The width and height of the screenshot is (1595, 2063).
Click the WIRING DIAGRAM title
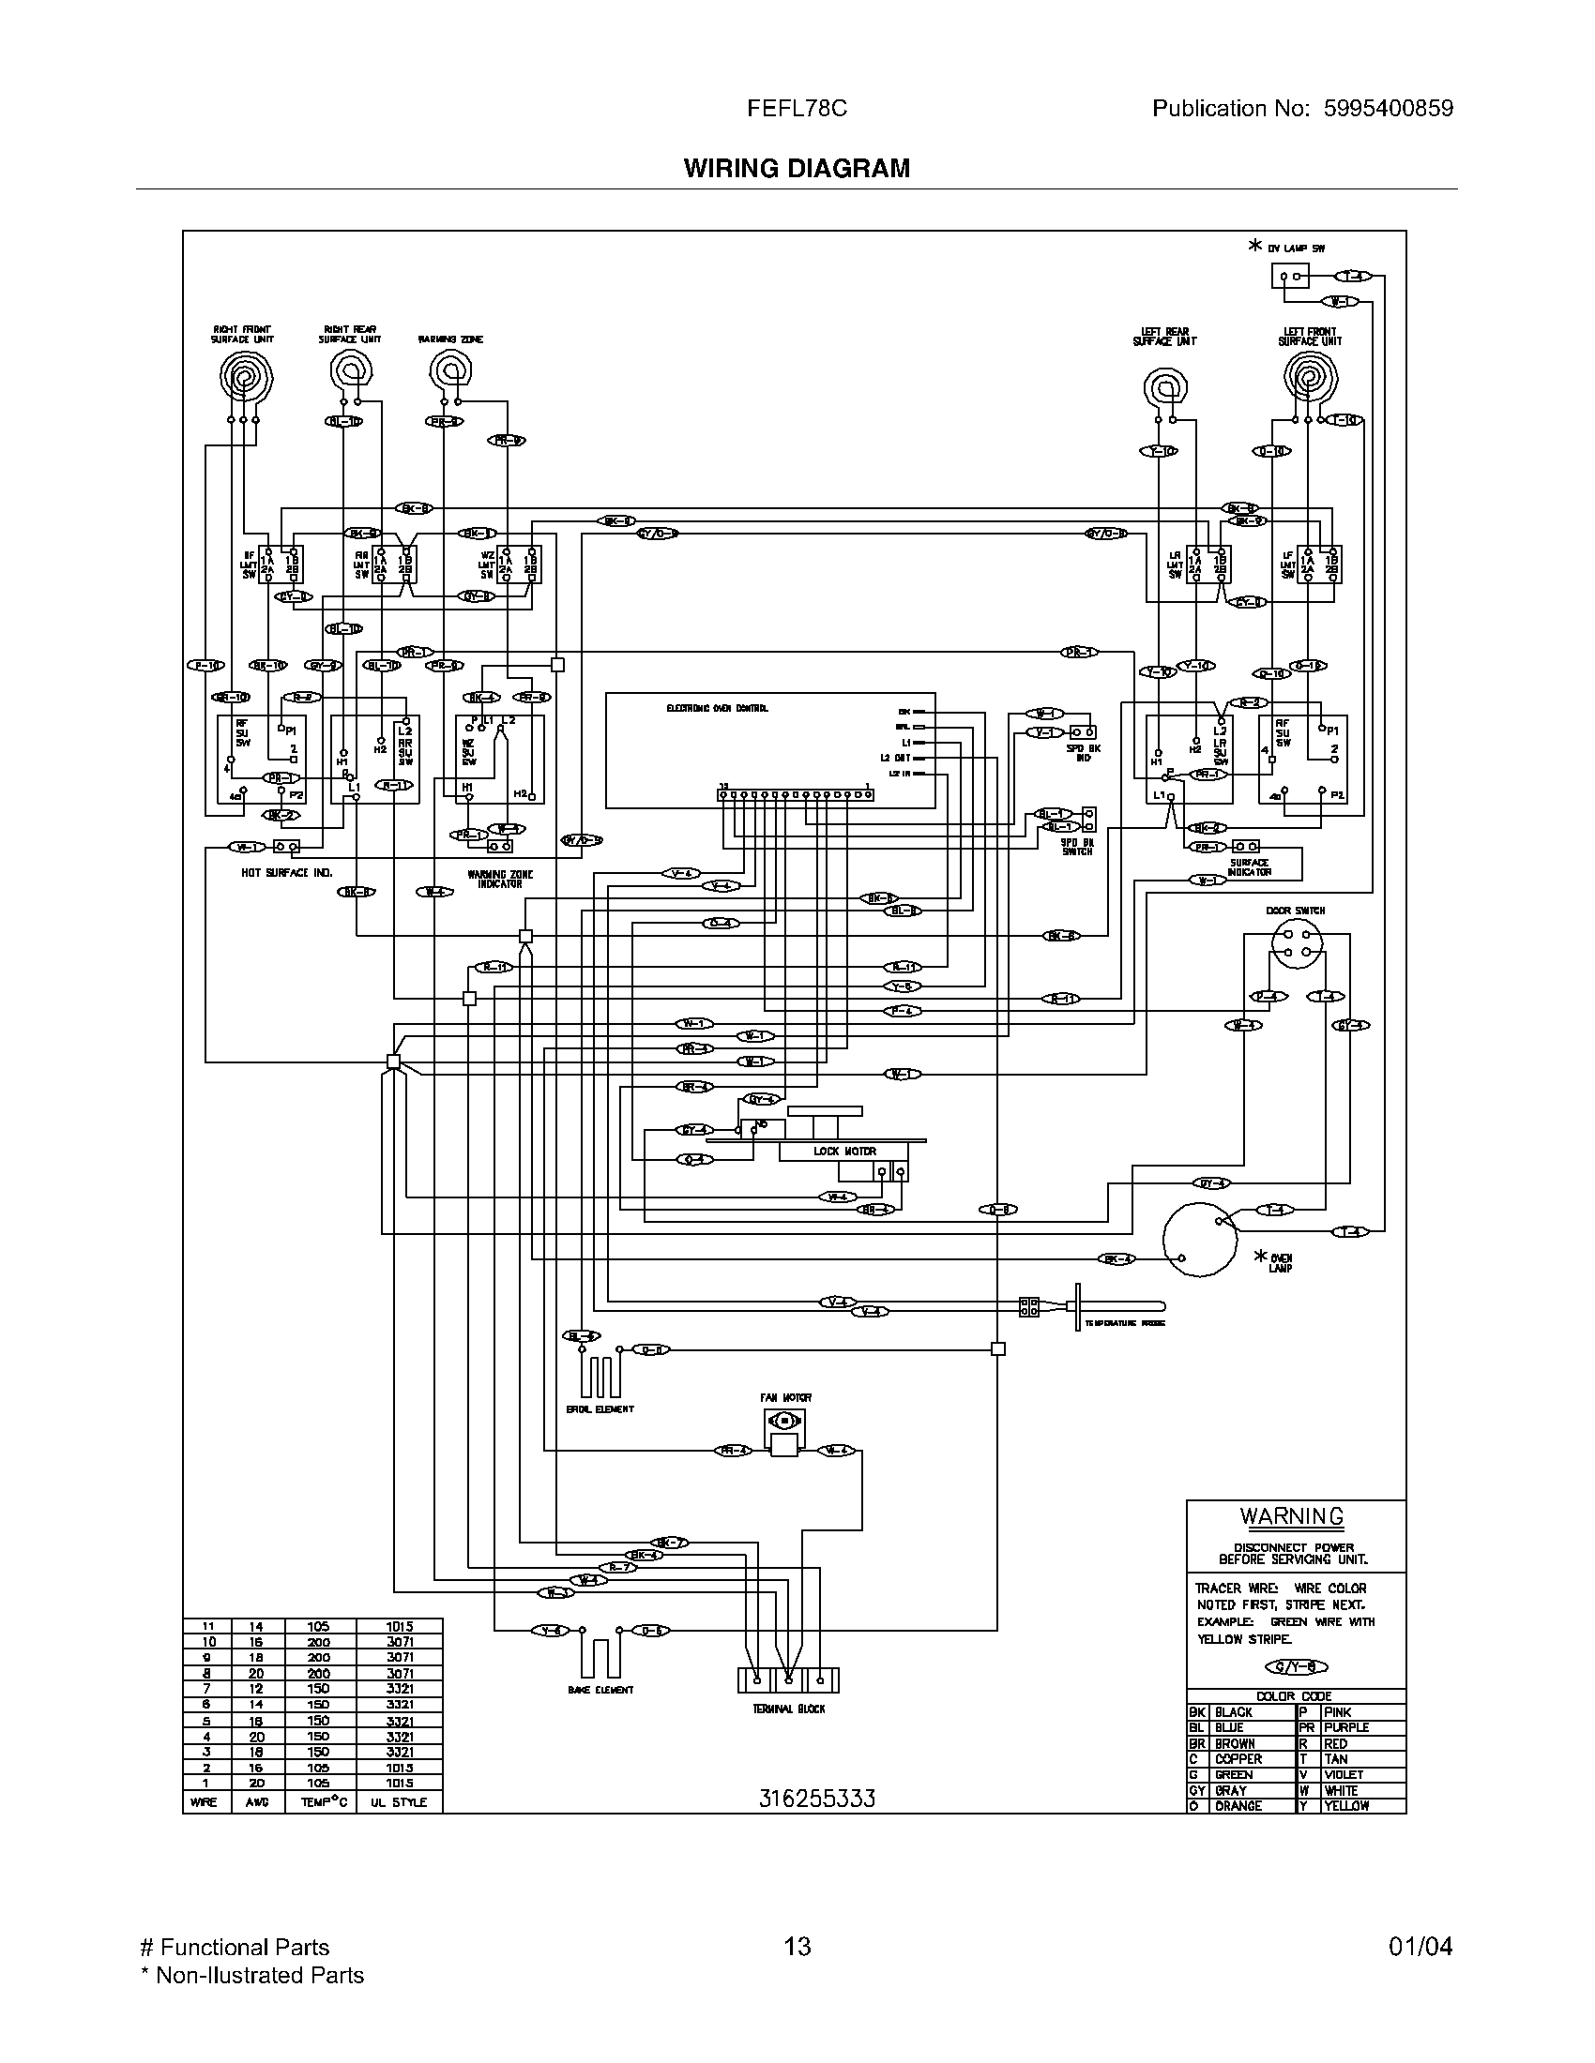point(797,168)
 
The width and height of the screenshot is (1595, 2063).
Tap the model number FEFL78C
point(797,109)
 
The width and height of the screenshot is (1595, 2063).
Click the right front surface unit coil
point(245,379)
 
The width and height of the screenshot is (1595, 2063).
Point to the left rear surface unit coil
point(1165,387)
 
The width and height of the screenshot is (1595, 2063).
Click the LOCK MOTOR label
point(843,1151)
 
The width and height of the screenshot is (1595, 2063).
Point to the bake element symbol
point(600,1658)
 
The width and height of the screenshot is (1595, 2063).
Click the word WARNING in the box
point(1291,1516)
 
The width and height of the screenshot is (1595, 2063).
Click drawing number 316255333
point(816,1799)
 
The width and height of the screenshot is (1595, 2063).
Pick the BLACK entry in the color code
point(1233,1711)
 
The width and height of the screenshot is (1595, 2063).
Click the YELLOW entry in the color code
point(1345,1805)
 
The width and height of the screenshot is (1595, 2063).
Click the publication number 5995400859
point(1387,109)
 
